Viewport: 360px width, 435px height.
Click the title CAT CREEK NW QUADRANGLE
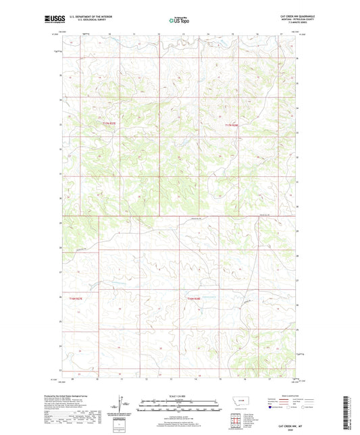coord(286,17)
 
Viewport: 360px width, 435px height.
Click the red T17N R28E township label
coord(232,125)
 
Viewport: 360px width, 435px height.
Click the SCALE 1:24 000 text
coord(180,396)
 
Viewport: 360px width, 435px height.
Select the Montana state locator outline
coord(242,404)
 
